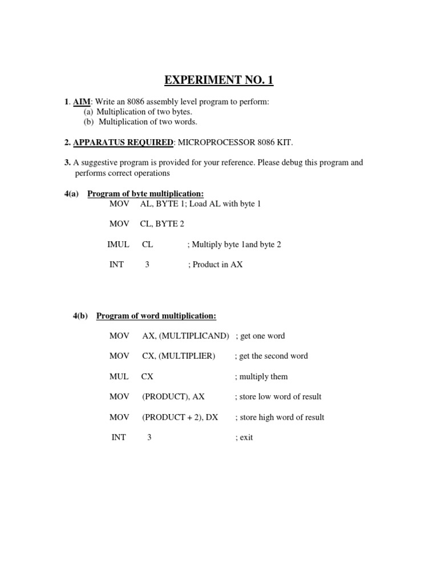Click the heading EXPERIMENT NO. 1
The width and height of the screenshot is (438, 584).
pos(219,80)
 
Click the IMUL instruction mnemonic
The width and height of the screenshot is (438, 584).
pos(116,244)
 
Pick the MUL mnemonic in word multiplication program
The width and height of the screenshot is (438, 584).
pos(119,376)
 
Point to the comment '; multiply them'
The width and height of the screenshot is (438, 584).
pos(261,376)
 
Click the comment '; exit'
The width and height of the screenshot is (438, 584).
pos(244,437)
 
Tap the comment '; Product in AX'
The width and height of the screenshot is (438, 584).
pos(215,265)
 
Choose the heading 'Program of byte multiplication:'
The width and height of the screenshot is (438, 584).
pos(145,194)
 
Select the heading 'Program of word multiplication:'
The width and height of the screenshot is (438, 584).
pos(156,315)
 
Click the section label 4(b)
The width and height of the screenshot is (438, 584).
pos(80,315)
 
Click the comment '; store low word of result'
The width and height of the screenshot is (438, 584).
pos(278,396)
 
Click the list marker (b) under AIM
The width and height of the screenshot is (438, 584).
pos(89,121)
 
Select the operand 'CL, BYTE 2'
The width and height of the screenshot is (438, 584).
pos(162,224)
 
